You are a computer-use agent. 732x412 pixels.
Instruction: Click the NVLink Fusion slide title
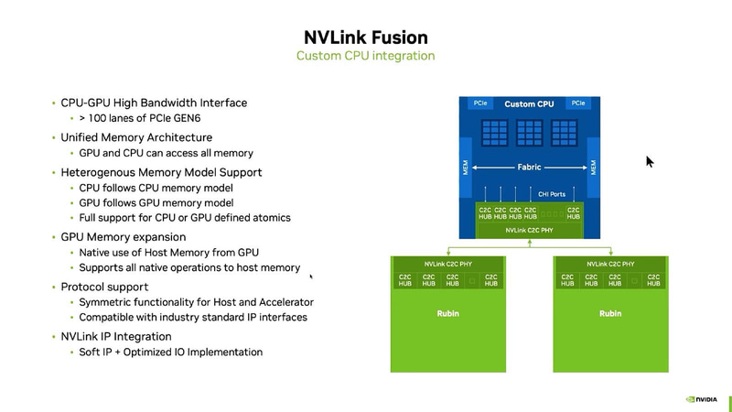coord(365,38)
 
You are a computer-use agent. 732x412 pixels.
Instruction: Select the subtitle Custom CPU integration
coord(365,57)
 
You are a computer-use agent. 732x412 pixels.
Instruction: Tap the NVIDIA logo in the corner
coord(703,399)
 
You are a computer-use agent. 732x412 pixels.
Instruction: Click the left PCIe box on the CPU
coord(481,103)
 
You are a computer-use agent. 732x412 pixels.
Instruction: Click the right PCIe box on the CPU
coord(578,103)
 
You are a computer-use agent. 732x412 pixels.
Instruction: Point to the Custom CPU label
coord(529,104)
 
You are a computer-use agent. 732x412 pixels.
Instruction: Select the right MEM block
coord(594,168)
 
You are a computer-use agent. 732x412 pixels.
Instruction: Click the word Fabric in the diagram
coord(530,168)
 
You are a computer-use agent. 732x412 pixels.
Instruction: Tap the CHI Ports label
coord(550,193)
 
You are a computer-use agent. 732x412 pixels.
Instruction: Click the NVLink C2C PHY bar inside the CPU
coord(528,231)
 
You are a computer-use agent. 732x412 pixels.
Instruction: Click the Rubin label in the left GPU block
coord(448,314)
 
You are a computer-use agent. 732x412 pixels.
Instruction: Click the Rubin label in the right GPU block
coord(610,314)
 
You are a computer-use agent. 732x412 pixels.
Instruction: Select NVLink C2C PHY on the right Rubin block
coord(610,264)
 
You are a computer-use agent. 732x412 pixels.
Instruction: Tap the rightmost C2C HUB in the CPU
coord(573,213)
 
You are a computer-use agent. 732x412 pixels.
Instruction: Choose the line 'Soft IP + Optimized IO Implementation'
coord(171,352)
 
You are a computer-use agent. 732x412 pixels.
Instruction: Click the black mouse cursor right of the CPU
coord(650,162)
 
